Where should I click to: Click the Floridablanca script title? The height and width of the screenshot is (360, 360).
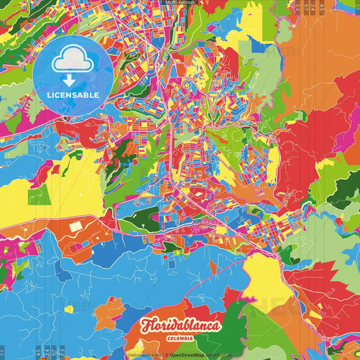coord(180,326)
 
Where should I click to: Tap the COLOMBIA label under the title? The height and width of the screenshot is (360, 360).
coord(180,338)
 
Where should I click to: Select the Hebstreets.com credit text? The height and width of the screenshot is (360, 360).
coord(144,354)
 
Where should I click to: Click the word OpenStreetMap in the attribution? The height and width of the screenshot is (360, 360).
coord(188,354)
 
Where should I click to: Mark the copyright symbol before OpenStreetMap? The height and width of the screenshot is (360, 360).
coord(166,354)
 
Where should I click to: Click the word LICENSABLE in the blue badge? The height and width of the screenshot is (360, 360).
coord(73,95)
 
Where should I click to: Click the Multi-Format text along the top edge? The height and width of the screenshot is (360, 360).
coord(180,3)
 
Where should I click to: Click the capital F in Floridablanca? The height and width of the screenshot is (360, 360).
coord(146,326)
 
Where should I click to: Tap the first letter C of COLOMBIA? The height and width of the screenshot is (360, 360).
coord(168,338)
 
